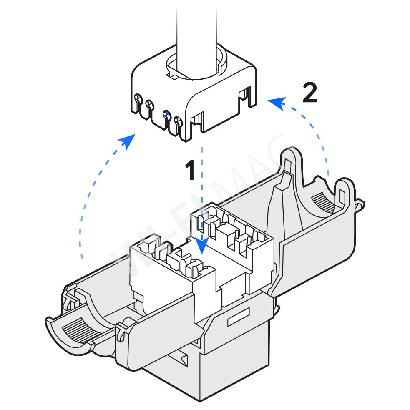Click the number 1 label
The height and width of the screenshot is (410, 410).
(x=190, y=171)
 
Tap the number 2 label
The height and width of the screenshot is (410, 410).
(x=309, y=93)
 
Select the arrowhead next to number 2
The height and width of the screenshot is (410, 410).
(x=275, y=102)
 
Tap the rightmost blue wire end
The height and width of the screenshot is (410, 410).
(x=179, y=121)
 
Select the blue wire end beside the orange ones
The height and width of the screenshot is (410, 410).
(x=166, y=114)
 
